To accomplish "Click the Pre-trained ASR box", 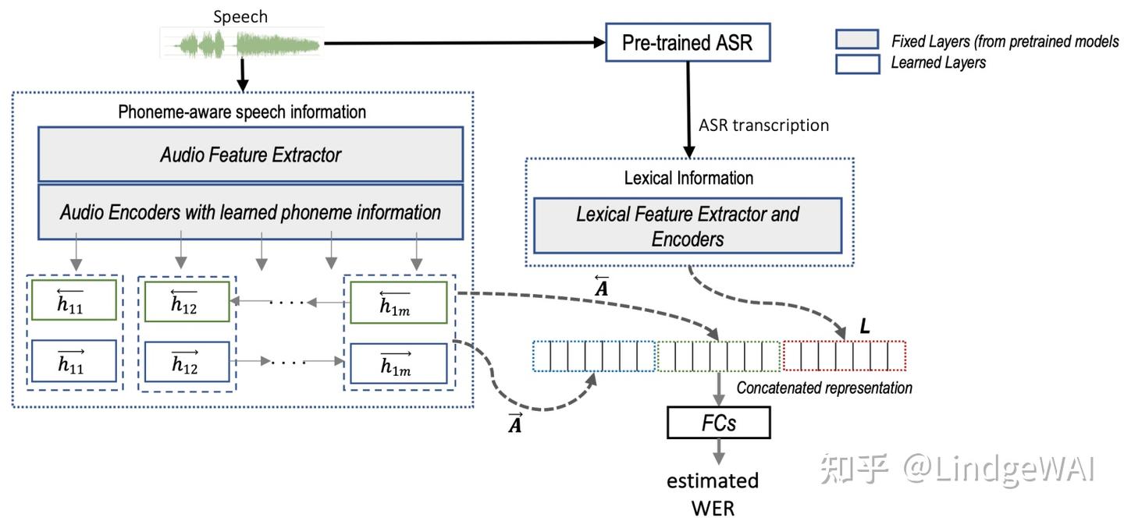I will [x=688, y=42].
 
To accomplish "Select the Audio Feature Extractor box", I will [x=251, y=154].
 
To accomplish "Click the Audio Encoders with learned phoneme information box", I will [x=251, y=211].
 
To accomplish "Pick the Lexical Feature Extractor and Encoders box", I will [x=688, y=226].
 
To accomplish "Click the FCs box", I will [x=718, y=423].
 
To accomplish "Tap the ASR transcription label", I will [x=763, y=125].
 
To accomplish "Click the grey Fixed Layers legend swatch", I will [x=858, y=41].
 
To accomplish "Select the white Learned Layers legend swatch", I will [x=858, y=63].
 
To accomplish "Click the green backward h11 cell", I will [x=73, y=300].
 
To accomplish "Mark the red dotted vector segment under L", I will [x=844, y=356].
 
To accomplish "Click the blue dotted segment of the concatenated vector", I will [x=595, y=356].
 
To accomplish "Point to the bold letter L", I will [x=864, y=328].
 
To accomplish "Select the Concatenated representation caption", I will [x=824, y=388].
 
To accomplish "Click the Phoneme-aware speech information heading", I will [x=242, y=112].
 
